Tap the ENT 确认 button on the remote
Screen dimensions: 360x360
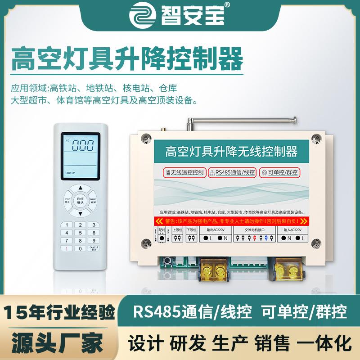(x=80, y=201)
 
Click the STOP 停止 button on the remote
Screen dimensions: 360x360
(x=67, y=201)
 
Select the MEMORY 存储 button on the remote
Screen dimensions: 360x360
(x=93, y=201)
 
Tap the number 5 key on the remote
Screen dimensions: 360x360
(x=80, y=233)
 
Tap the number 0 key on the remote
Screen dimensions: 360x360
(x=80, y=248)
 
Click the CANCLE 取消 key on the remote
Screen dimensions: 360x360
(x=94, y=248)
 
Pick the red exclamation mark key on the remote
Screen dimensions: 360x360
(x=67, y=248)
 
